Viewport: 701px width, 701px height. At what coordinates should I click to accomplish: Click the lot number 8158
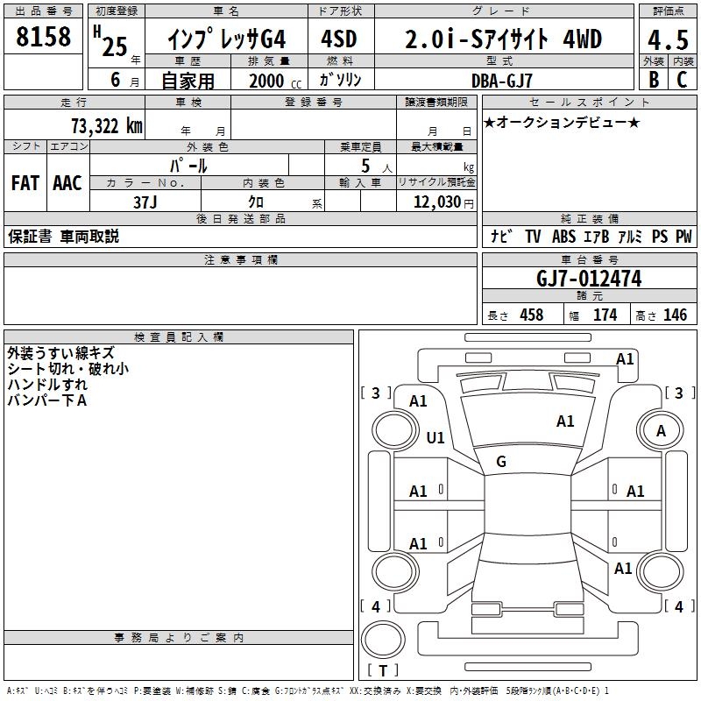pyautogui.click(x=44, y=38)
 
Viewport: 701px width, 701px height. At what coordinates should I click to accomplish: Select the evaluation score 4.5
pyautogui.click(x=666, y=39)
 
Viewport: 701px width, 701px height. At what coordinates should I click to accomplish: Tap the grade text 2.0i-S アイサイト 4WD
pyautogui.click(x=504, y=39)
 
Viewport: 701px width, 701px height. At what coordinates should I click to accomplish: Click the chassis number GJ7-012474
pyautogui.click(x=589, y=279)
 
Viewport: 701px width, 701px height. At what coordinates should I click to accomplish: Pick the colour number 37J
pyautogui.click(x=145, y=201)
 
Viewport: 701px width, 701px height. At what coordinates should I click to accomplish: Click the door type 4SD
pyautogui.click(x=339, y=39)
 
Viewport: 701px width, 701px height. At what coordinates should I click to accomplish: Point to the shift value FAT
pyautogui.click(x=25, y=183)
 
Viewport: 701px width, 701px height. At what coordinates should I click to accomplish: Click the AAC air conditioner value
pyautogui.click(x=67, y=183)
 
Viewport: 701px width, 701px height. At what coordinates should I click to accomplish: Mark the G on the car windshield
pyautogui.click(x=501, y=462)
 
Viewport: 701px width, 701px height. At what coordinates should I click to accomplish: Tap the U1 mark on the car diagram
pyautogui.click(x=435, y=437)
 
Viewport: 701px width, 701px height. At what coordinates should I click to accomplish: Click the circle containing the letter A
pyautogui.click(x=662, y=430)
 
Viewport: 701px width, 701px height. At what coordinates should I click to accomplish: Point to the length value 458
pyautogui.click(x=531, y=315)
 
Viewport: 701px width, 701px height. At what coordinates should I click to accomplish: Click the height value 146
pyautogui.click(x=675, y=315)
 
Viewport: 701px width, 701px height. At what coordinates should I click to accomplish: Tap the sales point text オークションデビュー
pyautogui.click(x=562, y=122)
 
